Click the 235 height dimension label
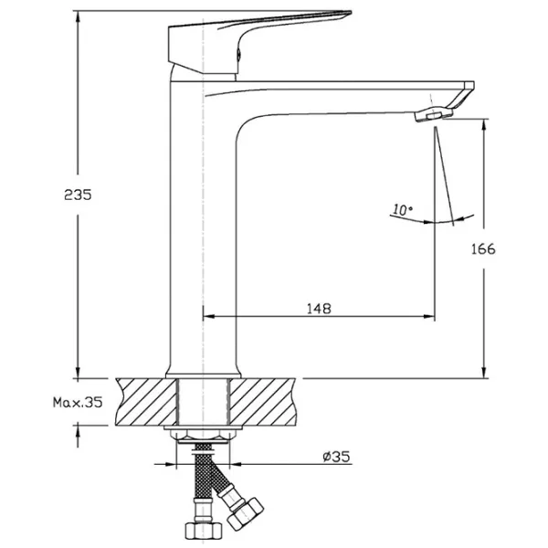[78, 195]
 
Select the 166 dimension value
[483, 249]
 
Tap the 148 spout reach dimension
[319, 309]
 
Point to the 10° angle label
[402, 210]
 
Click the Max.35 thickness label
[78, 402]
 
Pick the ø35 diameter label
[336, 456]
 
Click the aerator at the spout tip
[434, 114]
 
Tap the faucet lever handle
[259, 42]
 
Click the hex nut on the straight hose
[203, 532]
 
